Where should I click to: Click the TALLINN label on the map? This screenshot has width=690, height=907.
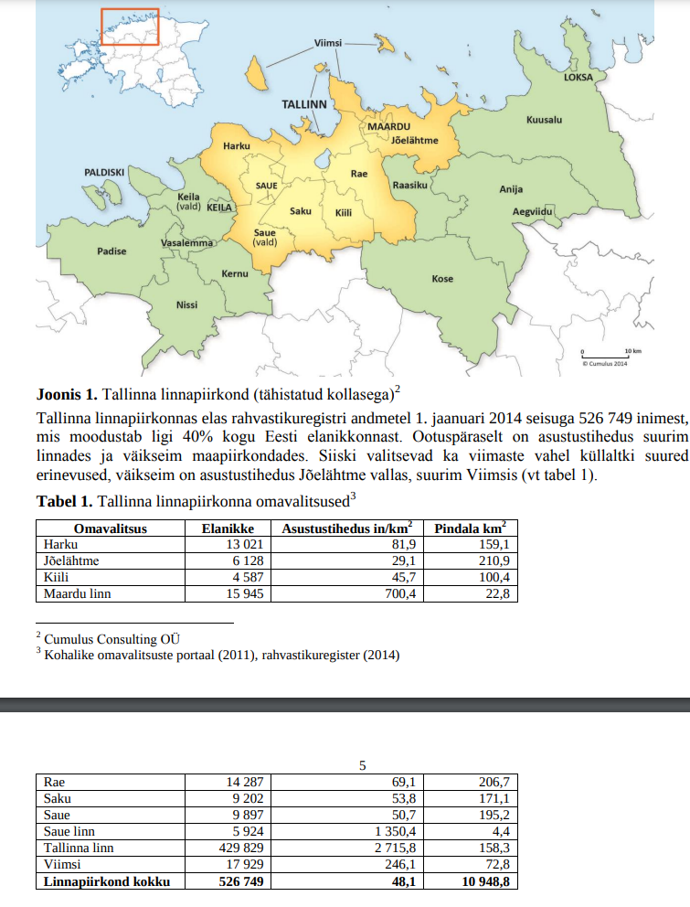[303, 104]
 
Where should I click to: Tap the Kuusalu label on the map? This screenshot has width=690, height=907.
[544, 120]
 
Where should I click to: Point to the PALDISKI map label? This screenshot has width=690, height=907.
[104, 171]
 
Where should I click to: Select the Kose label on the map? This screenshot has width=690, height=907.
[442, 278]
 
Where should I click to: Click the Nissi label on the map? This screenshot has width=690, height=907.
[186, 304]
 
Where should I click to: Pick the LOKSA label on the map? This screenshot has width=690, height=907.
[578, 77]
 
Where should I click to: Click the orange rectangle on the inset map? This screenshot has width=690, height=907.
[130, 27]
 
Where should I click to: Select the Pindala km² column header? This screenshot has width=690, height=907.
[470, 528]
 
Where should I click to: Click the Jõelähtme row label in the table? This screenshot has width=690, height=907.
[72, 560]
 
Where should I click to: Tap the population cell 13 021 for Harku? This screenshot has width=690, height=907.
[246, 544]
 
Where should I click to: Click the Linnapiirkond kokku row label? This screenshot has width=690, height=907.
[108, 881]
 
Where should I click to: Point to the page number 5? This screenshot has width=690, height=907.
[363, 765]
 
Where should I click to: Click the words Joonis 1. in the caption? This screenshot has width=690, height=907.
[66, 395]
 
